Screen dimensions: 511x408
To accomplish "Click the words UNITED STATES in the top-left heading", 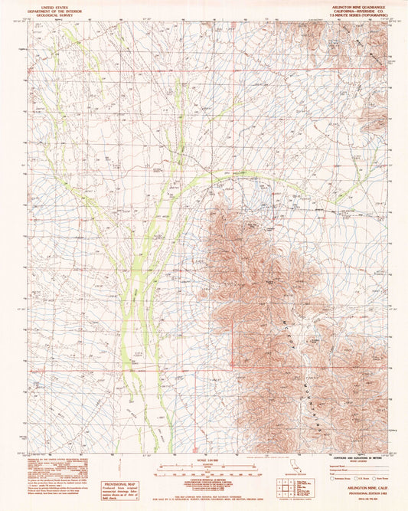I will coord(54,5).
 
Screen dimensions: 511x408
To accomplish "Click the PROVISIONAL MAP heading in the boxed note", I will coord(120,484).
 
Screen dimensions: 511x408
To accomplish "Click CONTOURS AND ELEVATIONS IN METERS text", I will coord(352,460).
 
